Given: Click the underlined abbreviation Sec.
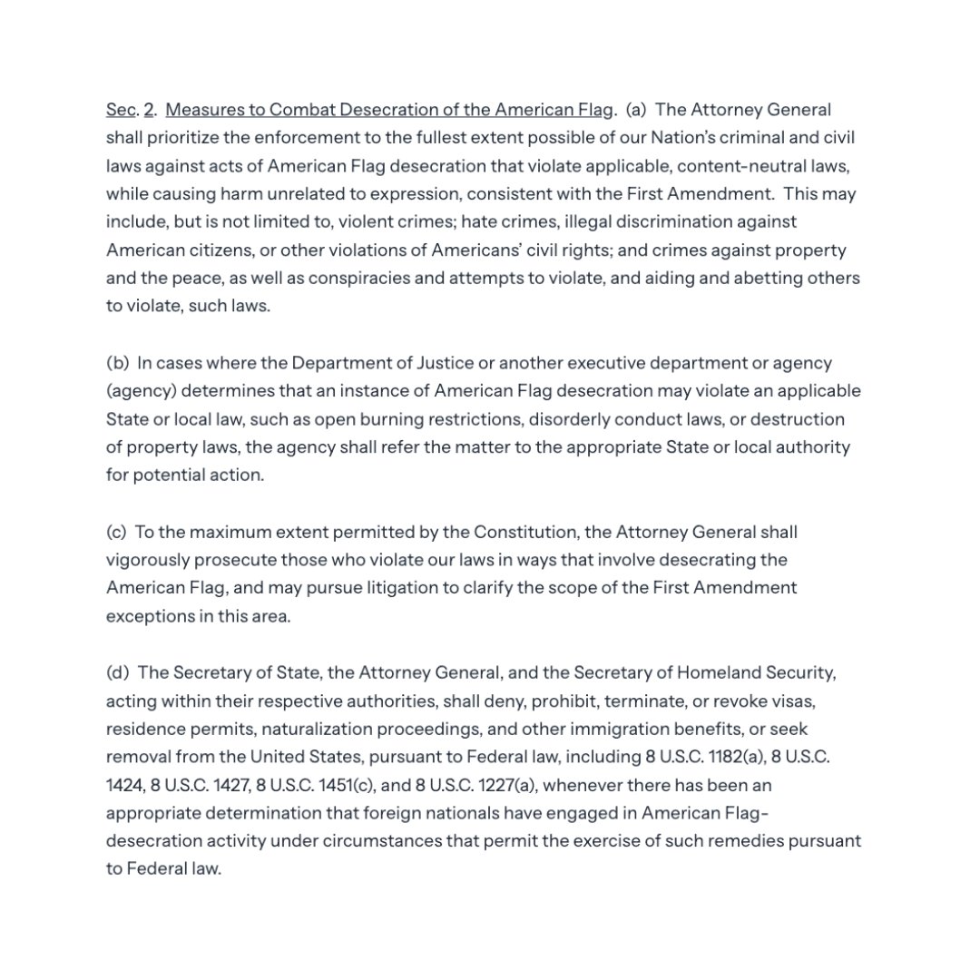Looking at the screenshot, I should pyautogui.click(x=121, y=110).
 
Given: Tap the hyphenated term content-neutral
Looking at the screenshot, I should pyautogui.click(x=721, y=166).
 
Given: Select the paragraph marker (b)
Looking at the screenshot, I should pyautogui.click(x=118, y=363).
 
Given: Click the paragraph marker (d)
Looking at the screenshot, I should pyautogui.click(x=118, y=672).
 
